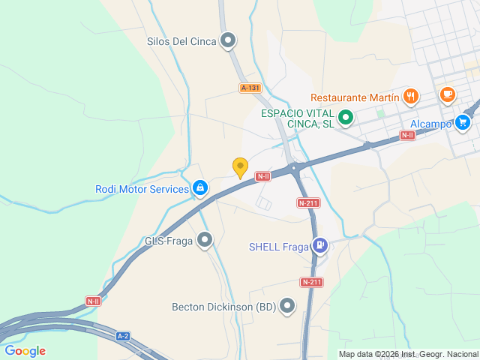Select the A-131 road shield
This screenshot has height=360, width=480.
coord(250,88)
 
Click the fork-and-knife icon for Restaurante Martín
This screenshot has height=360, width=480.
coord(410,96)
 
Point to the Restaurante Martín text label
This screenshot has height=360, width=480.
coord(354,97)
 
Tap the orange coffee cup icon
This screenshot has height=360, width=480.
coord(448,94)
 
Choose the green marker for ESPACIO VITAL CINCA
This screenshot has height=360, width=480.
coord(346,117)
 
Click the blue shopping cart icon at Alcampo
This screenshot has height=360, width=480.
coord(463,123)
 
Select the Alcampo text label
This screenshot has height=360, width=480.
coord(430,124)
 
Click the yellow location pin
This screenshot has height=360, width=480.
coord(240,167)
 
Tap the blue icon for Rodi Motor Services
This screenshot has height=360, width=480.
coord(200,188)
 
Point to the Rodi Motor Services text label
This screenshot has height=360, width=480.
coord(142,189)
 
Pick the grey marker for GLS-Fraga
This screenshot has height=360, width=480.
coord(205,241)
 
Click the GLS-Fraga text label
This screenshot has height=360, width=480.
coord(169,241)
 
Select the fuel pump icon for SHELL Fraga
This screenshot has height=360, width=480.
coord(320,245)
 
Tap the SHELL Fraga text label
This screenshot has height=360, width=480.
coord(279,246)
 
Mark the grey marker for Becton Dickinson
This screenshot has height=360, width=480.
coord(287,306)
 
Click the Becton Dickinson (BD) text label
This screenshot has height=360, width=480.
coord(223,306)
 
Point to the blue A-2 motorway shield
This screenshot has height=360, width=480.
coord(123,336)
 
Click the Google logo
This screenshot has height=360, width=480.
coord(25,350)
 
